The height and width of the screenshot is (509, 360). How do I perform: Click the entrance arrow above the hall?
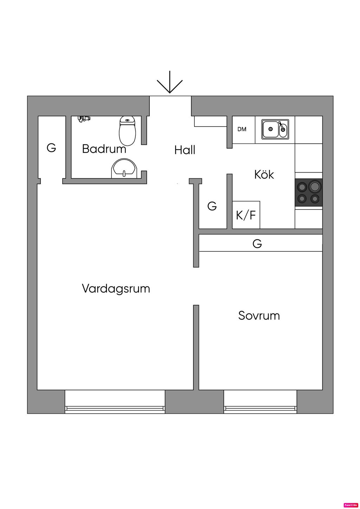point(170,83)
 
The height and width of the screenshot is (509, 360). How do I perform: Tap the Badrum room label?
point(104,149)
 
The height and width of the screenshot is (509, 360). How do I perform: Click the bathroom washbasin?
point(124,168)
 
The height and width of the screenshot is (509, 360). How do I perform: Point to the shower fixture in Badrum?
point(83,119)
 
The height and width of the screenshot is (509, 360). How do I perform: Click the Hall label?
point(185,150)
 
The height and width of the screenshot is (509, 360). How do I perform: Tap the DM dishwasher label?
point(242,129)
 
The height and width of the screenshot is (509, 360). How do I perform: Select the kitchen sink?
point(275,129)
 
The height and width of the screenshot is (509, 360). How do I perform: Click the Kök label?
point(264,174)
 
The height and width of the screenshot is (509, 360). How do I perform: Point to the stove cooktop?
point(309,192)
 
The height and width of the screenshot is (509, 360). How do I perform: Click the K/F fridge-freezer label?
point(246,215)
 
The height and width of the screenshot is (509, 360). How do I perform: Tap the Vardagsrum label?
point(116,288)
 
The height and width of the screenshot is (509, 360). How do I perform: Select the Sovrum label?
point(259,315)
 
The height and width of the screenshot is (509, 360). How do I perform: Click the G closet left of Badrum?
point(51,148)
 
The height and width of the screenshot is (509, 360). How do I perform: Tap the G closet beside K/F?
point(212,206)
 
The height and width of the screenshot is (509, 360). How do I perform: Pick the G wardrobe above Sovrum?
point(257,243)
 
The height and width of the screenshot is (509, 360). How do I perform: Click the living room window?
point(115,408)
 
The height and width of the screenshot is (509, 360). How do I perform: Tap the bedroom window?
point(261,408)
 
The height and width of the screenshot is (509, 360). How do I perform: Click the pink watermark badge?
point(351,505)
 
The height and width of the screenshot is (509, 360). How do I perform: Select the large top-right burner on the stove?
point(315,185)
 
